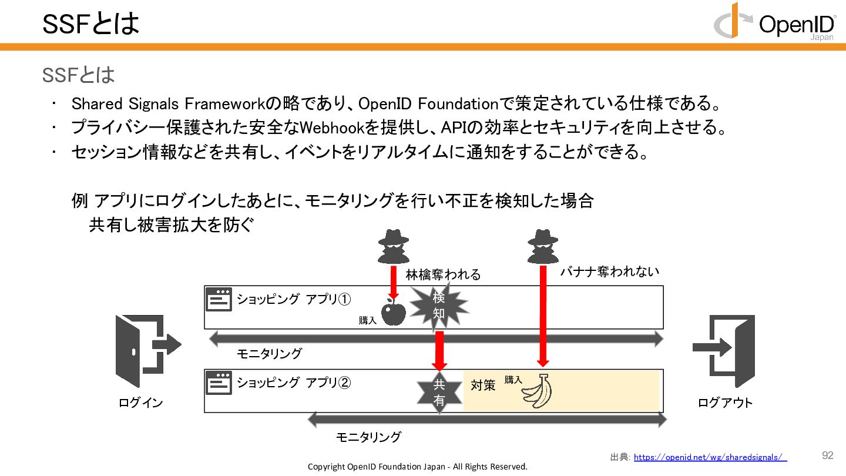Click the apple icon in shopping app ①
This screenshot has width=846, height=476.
pyautogui.click(x=394, y=311)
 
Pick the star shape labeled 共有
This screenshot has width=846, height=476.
pyautogui.click(x=439, y=393)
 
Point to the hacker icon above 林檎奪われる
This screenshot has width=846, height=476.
pyautogui.click(x=393, y=246)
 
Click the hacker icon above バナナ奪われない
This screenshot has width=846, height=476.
pyautogui.click(x=542, y=246)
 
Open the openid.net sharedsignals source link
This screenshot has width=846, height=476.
pyautogui.click(x=710, y=457)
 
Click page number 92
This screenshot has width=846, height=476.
pyautogui.click(x=828, y=455)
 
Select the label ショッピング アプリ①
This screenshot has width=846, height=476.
pyautogui.click(x=294, y=299)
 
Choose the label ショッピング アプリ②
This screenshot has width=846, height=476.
pyautogui.click(x=294, y=383)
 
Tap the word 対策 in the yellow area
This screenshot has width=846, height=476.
pyautogui.click(x=483, y=386)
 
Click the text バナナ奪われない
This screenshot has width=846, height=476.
pyautogui.click(x=609, y=271)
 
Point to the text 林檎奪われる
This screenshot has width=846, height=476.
pyautogui.click(x=443, y=274)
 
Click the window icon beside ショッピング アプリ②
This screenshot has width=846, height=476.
pyautogui.click(x=219, y=383)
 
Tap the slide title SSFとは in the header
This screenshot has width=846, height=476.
pyautogui.click(x=90, y=23)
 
